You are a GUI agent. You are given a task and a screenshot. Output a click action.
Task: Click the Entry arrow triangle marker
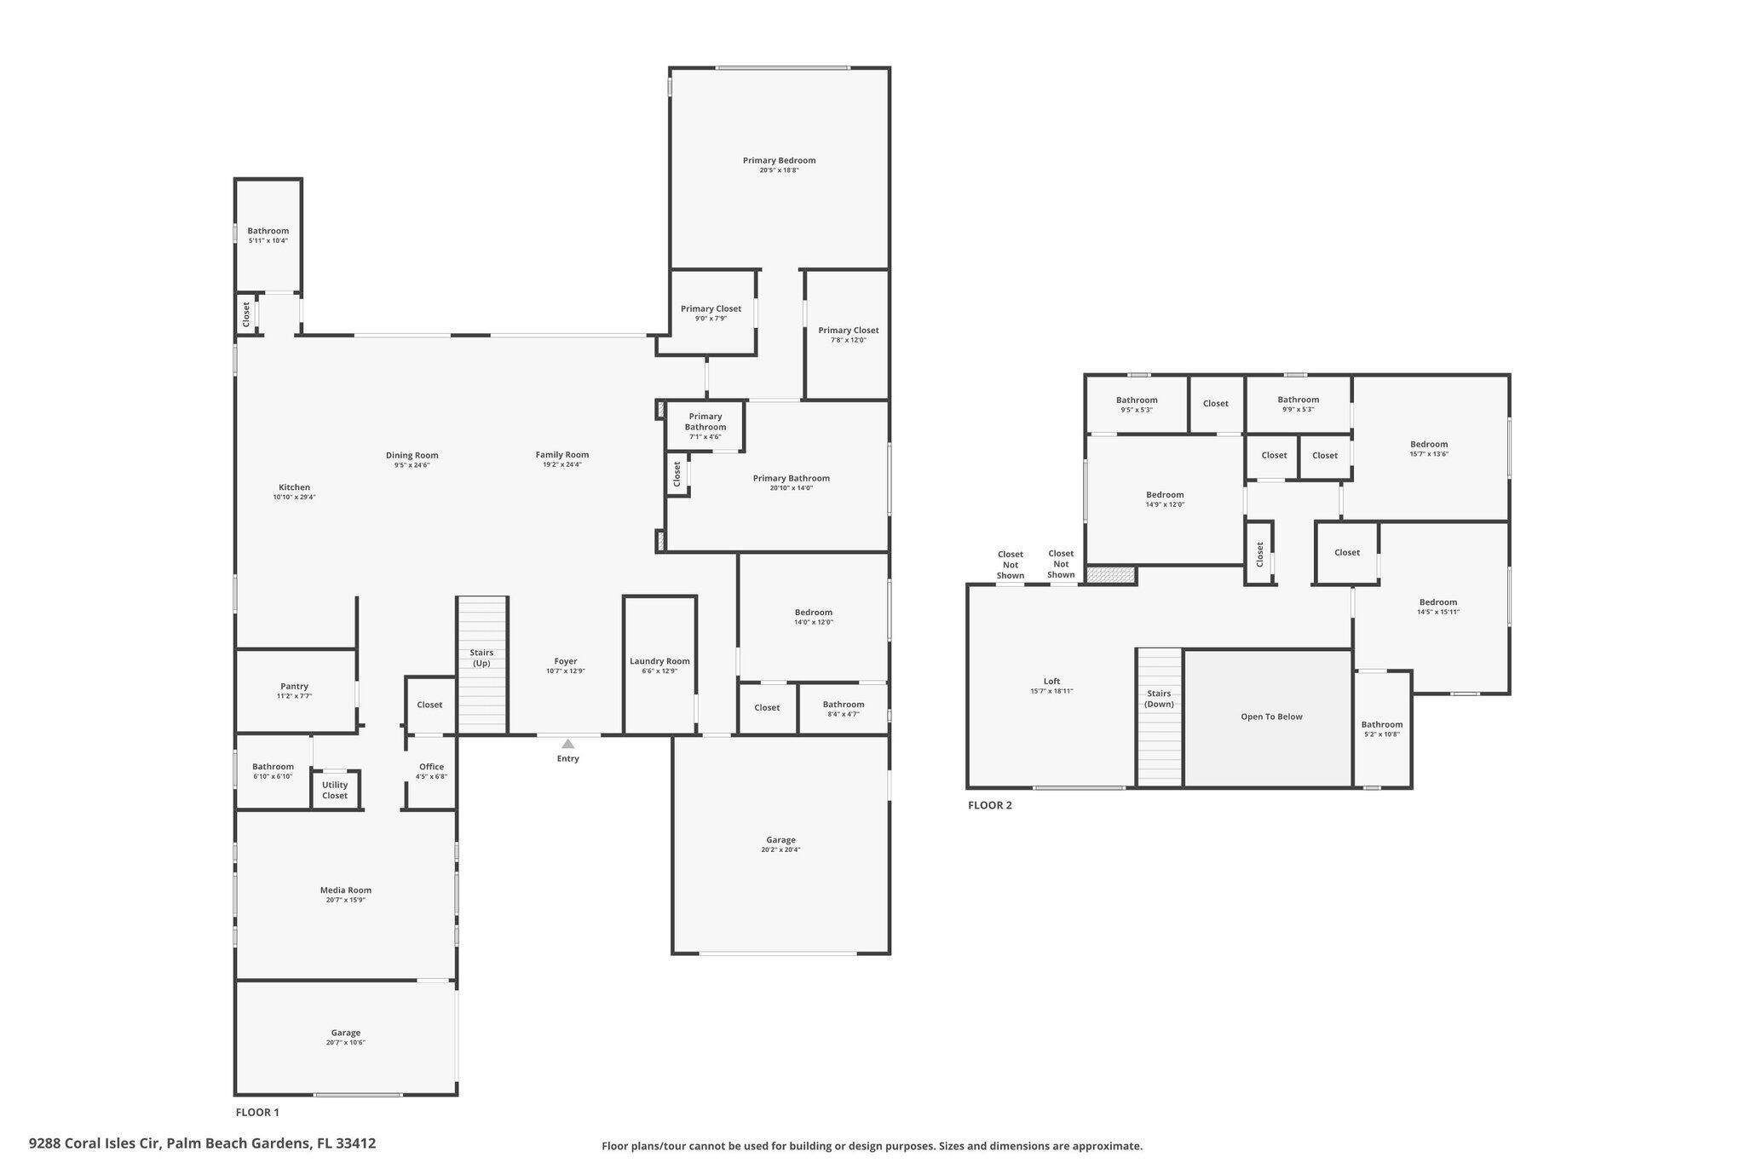[568, 744]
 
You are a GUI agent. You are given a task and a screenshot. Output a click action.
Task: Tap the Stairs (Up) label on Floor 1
[481, 658]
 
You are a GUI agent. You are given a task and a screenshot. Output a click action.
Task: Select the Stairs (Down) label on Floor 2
[1159, 699]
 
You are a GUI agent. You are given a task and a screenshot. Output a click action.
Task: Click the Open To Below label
[1271, 717]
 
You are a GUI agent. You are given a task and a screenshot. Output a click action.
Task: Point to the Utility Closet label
[335, 790]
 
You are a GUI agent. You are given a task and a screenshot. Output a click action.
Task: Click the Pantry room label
[294, 686]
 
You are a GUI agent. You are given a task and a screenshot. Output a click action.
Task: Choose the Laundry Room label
[659, 661]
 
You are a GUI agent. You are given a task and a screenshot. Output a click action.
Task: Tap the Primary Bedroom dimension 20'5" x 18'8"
[779, 170]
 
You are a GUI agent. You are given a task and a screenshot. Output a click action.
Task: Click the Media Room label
[345, 890]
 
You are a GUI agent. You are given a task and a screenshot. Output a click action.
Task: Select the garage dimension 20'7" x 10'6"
[345, 1043]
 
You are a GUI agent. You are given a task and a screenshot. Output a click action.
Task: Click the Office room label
[431, 766]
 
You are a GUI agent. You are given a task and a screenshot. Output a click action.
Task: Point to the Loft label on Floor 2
[1051, 681]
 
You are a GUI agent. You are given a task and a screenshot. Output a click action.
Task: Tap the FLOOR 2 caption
[989, 805]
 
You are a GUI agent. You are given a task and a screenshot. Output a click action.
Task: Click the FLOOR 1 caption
[256, 1112]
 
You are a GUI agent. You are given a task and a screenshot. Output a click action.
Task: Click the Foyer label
[566, 661]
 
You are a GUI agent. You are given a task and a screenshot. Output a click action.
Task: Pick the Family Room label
[562, 454]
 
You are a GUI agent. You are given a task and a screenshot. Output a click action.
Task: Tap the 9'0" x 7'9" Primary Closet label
[711, 309]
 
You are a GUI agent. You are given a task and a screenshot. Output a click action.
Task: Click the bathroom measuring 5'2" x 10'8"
[1381, 724]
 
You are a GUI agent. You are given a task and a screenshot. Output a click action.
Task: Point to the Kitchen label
[294, 487]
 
